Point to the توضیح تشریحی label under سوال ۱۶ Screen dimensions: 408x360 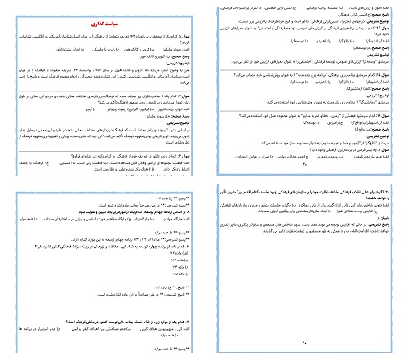point(380,132)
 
